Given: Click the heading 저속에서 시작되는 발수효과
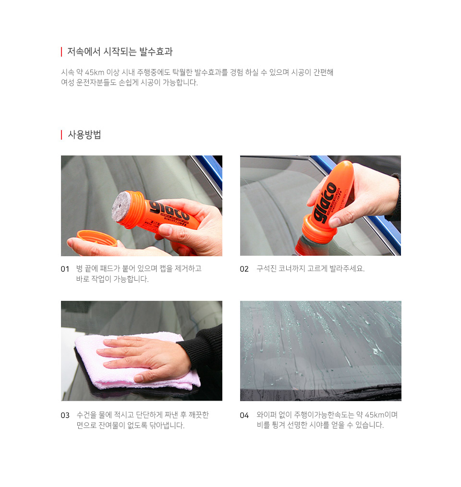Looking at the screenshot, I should tap(120, 51).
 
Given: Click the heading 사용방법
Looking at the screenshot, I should tap(84, 135).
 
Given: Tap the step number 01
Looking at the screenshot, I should tap(65, 269).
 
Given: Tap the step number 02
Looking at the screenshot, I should tap(244, 269).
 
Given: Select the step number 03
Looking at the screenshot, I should tap(65, 416).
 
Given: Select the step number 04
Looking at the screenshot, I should tap(244, 416).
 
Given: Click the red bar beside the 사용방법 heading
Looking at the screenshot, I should tap(61, 135).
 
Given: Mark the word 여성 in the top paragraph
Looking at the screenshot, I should tap(68, 83).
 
